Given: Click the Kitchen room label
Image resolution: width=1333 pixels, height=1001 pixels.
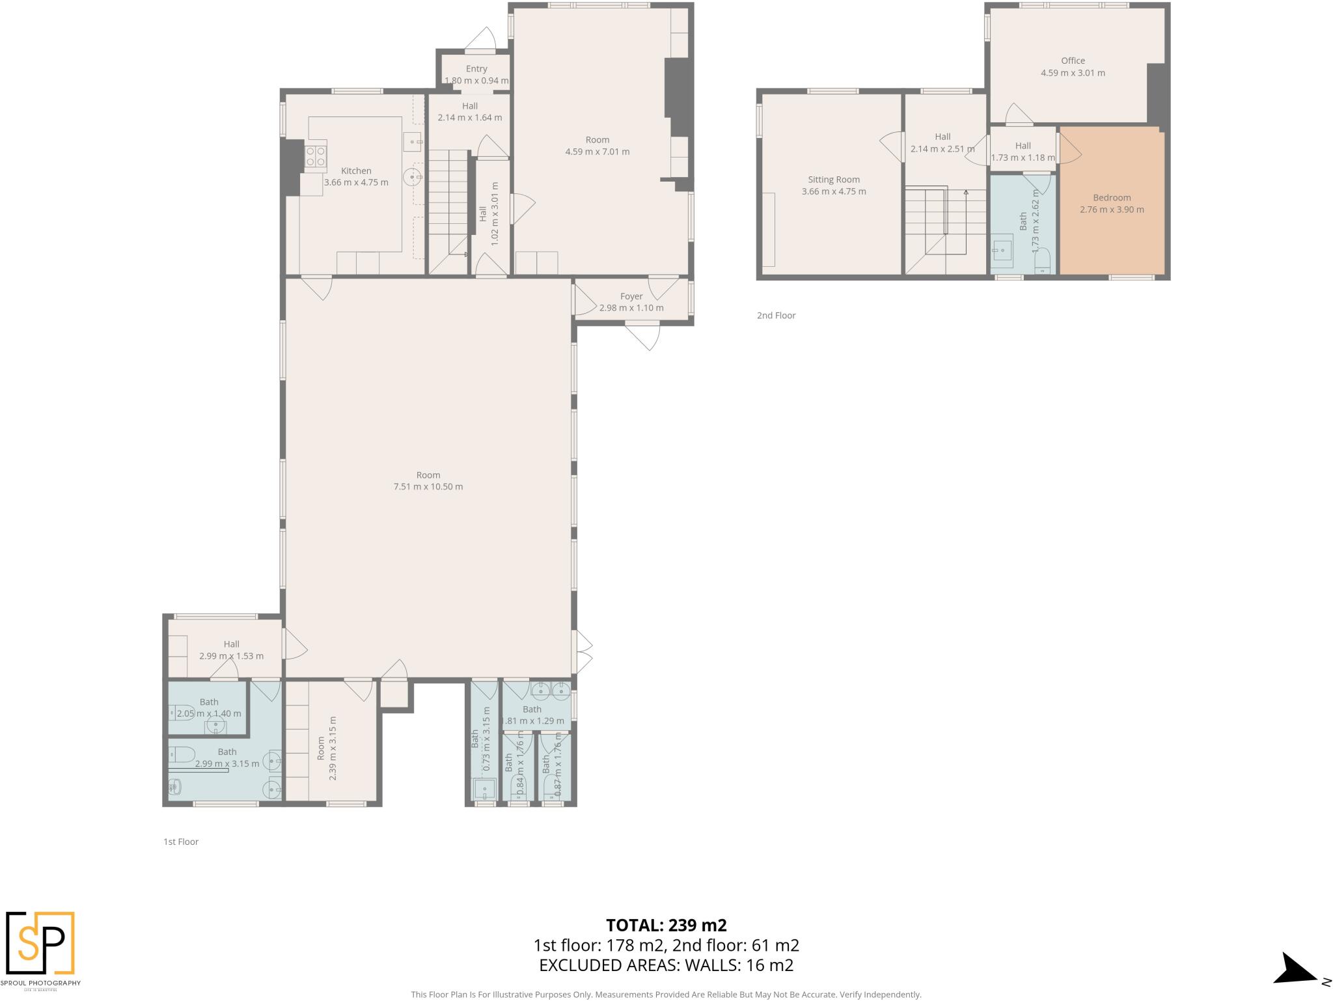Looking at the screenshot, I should point(356,171).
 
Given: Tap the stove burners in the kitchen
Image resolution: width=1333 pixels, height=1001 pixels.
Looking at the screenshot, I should point(316,156).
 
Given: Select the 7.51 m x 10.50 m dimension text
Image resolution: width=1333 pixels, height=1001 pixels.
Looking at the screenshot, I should point(428,487).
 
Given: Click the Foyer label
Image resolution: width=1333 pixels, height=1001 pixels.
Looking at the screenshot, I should point(631,296).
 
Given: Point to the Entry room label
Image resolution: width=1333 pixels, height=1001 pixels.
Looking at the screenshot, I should point(476,69).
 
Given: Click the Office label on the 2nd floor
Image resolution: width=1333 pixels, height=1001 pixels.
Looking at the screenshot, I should point(1073,61).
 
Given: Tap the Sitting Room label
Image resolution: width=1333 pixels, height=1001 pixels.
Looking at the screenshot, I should point(834,180).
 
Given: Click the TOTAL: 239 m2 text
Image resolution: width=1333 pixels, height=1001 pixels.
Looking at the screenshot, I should point(666,925).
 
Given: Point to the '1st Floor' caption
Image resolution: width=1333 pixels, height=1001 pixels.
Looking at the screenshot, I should point(181,842).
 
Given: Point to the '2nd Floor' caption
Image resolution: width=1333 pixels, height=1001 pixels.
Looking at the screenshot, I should point(776,316).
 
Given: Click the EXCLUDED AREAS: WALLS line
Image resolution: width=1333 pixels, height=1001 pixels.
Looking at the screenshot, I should point(666,965).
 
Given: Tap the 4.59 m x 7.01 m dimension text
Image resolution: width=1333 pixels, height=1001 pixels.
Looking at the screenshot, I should point(597,152).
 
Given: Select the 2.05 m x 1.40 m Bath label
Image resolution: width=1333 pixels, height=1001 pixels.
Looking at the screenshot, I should point(209,702).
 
